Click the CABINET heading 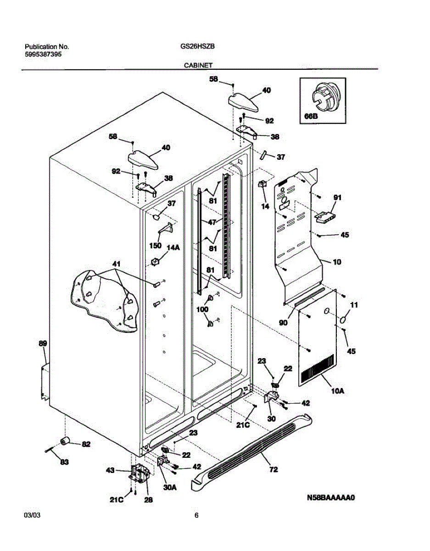coord(198,66)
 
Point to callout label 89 coord(43,343)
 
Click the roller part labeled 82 coord(65,442)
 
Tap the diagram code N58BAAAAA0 coord(332,498)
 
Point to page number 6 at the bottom coord(196,516)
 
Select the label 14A coord(173,248)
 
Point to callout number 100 coord(202,309)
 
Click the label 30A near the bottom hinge coord(170,488)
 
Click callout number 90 coord(283,323)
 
